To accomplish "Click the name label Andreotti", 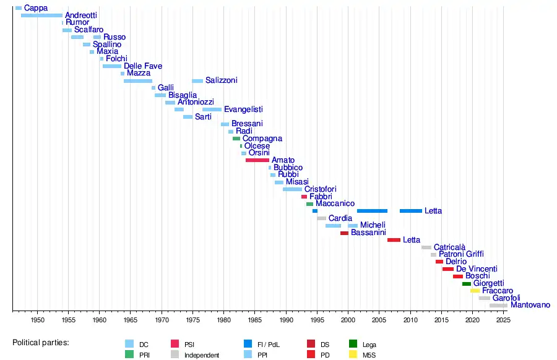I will coord(80,15).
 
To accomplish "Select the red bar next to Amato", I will coord(257,160).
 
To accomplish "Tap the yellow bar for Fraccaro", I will coord(475,291).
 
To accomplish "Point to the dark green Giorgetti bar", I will coord(467,283).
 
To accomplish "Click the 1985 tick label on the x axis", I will coord(255,320).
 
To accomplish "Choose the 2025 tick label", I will coord(503,320).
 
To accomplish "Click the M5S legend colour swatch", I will coord(353,355).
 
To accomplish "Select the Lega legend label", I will coord(369,345).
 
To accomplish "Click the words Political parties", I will coord(41,342).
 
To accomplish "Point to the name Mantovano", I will coord(530,305).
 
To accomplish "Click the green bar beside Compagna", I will coord(236,139).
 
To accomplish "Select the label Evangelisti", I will coord(243,109).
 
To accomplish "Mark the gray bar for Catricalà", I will coord(426,247).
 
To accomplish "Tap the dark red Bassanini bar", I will coord(344,233).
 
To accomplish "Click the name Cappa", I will coord(36,8).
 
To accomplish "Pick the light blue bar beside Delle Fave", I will coord(112,66).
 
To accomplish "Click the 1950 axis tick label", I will coord(38,320).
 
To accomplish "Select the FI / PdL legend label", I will coord(270,345).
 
